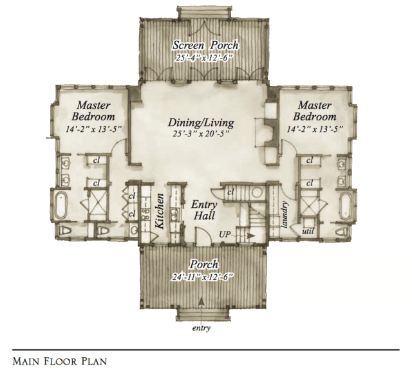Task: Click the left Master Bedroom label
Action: [95, 111]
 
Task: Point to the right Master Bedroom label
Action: [314, 111]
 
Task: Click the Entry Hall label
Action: [204, 210]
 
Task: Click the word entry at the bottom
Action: [201, 329]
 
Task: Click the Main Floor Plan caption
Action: [60, 361]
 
